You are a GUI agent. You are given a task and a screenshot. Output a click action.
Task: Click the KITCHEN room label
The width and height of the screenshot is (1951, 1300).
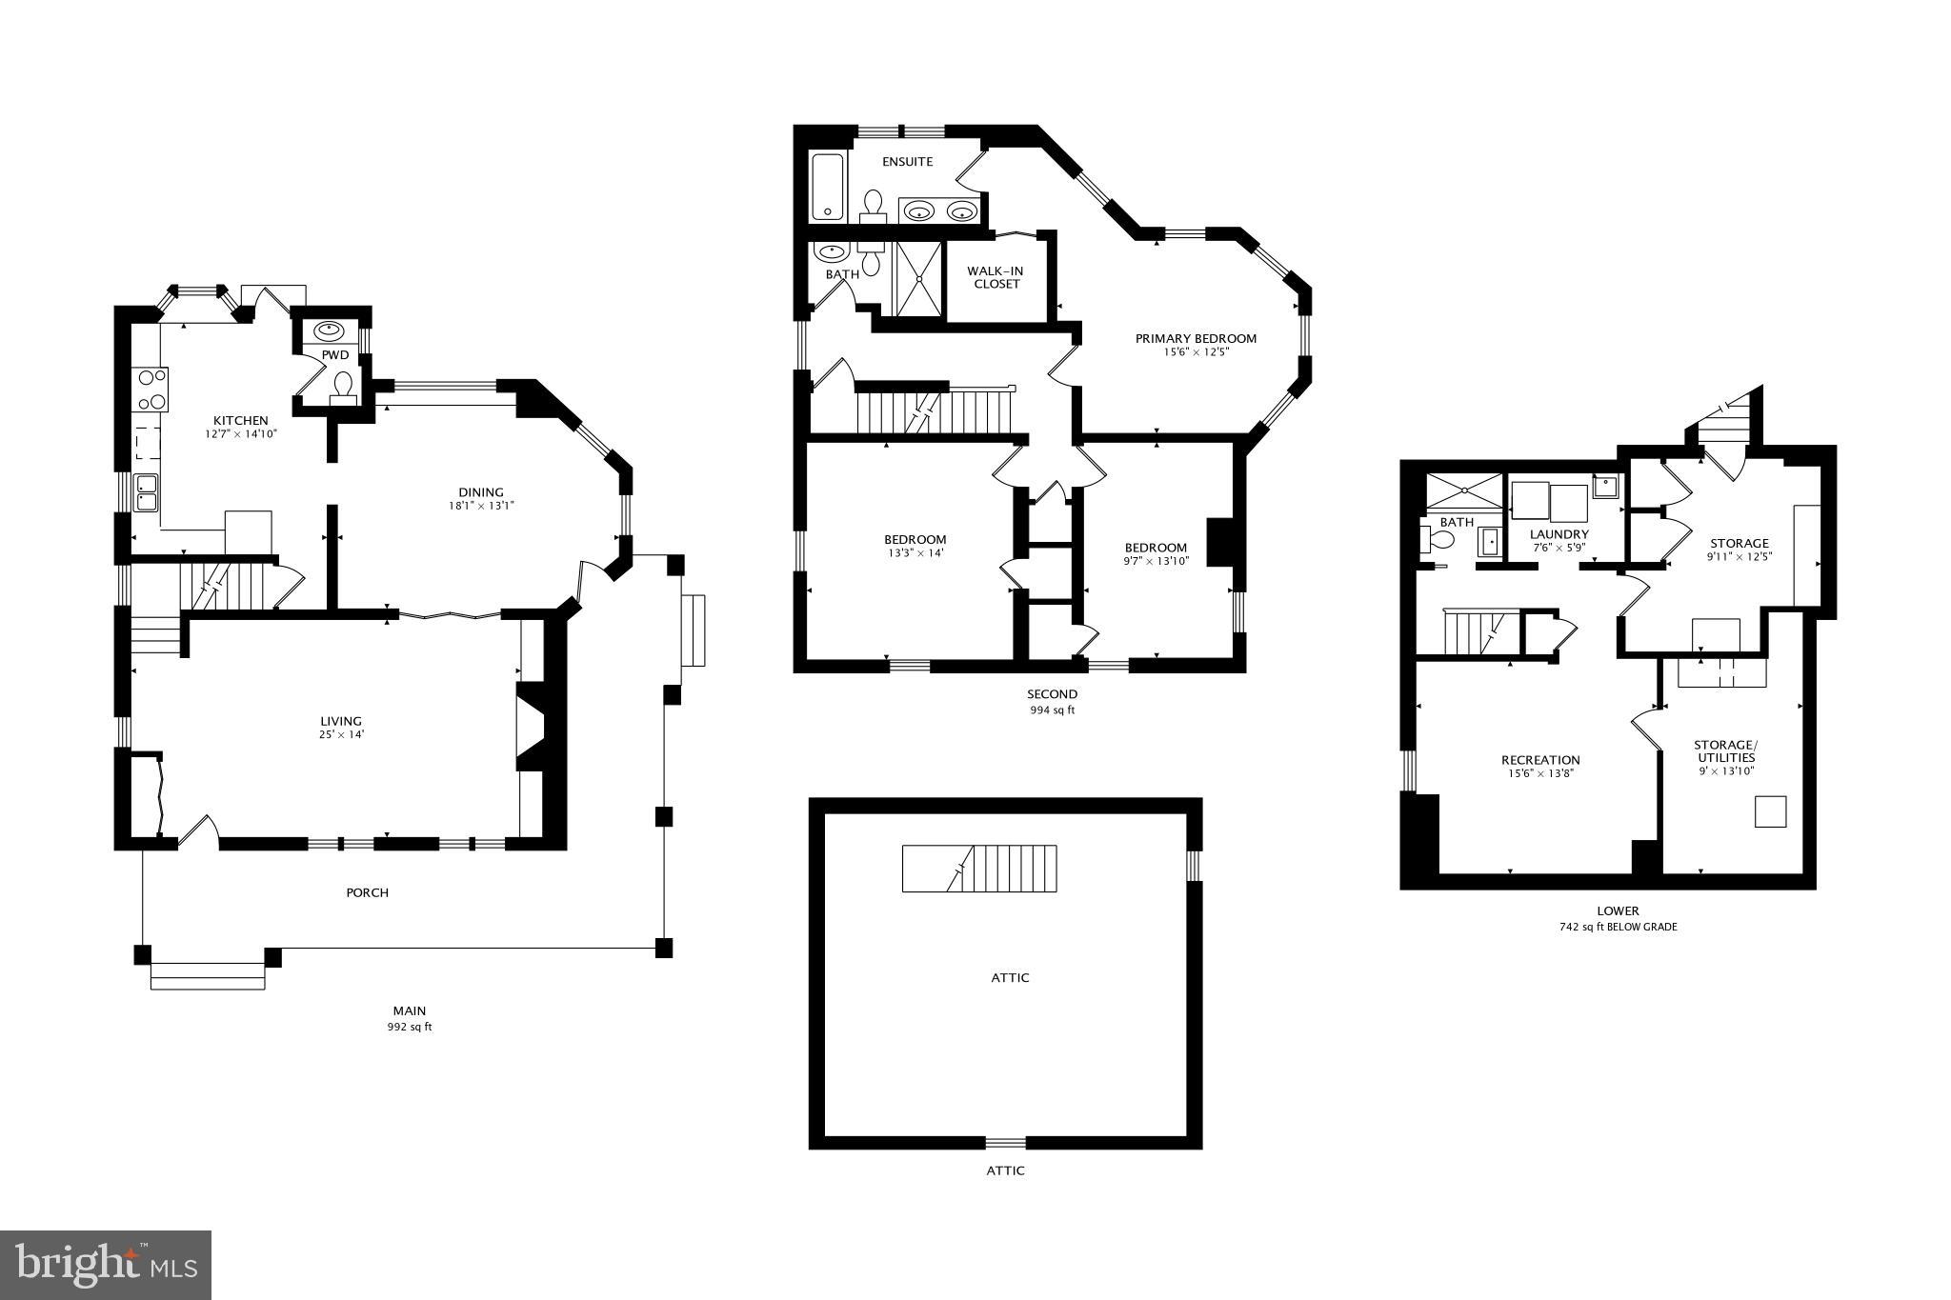click(x=240, y=420)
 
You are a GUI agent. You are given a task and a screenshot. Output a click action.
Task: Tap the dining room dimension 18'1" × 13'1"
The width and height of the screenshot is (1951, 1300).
click(x=481, y=506)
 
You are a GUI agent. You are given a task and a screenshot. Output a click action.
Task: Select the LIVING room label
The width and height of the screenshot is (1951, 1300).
click(x=340, y=721)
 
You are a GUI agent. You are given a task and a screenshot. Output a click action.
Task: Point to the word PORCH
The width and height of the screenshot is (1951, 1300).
click(x=367, y=892)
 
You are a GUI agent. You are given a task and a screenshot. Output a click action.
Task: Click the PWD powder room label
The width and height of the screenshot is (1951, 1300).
click(x=335, y=355)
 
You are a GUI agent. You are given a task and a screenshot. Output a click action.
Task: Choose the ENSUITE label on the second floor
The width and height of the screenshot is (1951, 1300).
click(x=907, y=162)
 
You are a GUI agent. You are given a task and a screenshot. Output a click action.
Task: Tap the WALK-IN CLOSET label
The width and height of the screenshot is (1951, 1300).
click(x=996, y=277)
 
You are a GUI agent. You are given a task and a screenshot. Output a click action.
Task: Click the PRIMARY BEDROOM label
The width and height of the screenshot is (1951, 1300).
click(x=1196, y=338)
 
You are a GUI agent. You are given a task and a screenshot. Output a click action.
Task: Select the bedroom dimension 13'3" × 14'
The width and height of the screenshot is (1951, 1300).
click(x=915, y=553)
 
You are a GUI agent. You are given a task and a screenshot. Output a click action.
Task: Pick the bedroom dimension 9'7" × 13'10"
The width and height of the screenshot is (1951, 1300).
click(x=1156, y=561)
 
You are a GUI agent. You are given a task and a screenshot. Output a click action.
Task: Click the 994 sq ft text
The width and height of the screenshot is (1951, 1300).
click(x=1052, y=710)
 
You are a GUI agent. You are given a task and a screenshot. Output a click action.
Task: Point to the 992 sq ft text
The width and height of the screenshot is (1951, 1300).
click(x=410, y=1027)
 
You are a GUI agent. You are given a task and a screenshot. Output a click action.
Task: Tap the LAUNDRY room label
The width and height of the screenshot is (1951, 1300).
click(x=1559, y=534)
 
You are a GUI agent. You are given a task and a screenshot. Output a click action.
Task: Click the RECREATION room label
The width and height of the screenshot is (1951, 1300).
click(x=1540, y=760)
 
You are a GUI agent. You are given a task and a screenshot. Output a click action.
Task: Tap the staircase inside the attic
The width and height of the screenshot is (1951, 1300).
click(x=979, y=868)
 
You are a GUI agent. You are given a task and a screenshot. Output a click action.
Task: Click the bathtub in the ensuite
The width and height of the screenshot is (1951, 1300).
click(x=828, y=187)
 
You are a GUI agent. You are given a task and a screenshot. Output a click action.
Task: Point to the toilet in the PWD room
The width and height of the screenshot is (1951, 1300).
click(x=343, y=386)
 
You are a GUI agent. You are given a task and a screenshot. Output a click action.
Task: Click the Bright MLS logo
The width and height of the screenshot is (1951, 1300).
click(x=106, y=1265)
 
